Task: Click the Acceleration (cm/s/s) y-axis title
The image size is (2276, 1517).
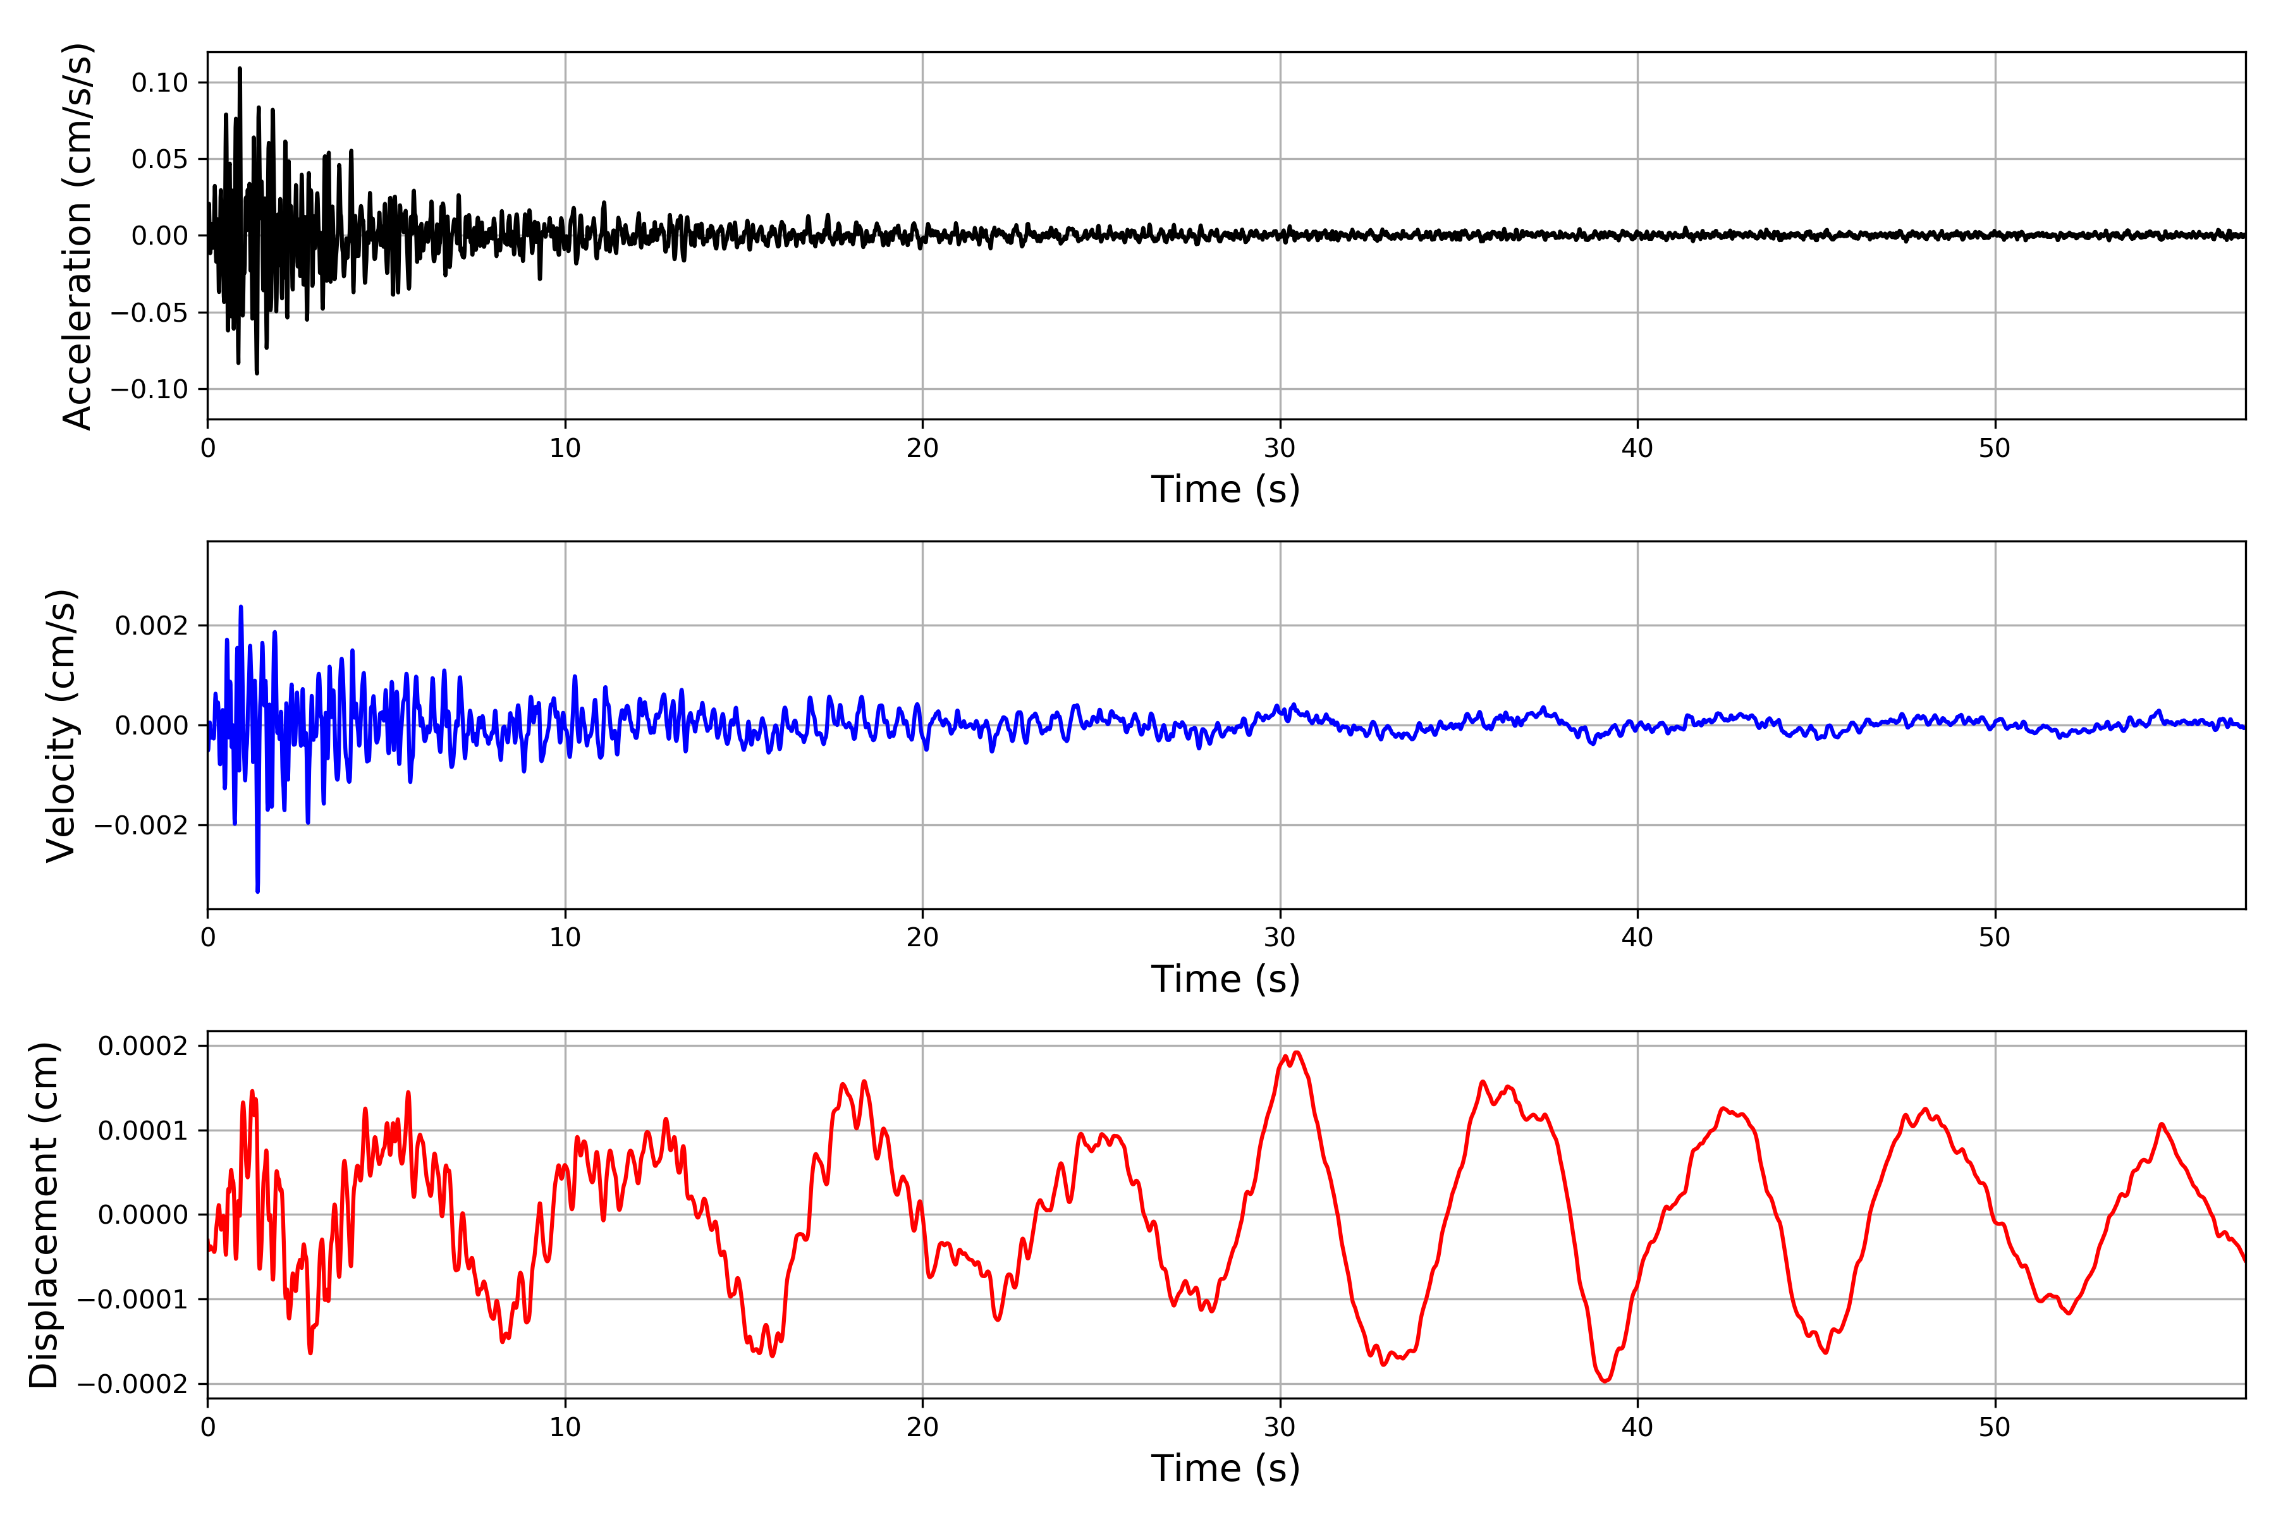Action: (x=77, y=236)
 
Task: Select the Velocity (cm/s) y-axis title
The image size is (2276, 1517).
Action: (x=61, y=726)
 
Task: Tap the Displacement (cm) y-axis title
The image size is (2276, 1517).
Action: (x=44, y=1215)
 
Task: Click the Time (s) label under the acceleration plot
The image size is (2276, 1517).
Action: (x=1225, y=489)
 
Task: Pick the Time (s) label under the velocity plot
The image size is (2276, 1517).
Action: (x=1225, y=979)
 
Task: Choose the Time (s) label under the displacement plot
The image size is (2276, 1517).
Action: (x=1225, y=1468)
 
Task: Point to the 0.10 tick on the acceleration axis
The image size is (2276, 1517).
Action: (x=160, y=83)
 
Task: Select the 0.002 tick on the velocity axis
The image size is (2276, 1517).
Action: (x=151, y=626)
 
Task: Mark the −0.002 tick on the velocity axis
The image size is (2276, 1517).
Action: (x=141, y=826)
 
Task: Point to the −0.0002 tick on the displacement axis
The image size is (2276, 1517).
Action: (x=133, y=1384)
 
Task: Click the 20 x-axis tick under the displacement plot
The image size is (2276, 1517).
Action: (x=922, y=1428)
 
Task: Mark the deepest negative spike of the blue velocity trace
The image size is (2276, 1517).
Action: (x=257, y=891)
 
